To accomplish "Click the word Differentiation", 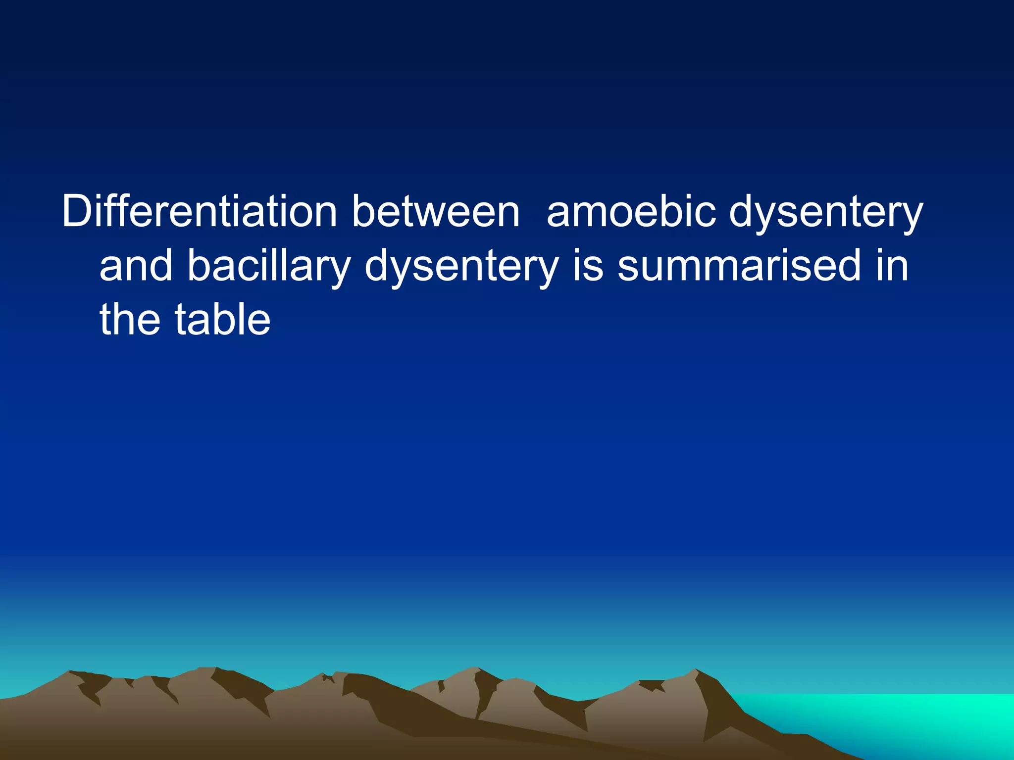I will click(x=199, y=212).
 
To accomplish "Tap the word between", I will click(x=436, y=212).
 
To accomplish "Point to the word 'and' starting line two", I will click(x=136, y=266).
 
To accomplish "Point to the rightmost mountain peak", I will click(x=696, y=671).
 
